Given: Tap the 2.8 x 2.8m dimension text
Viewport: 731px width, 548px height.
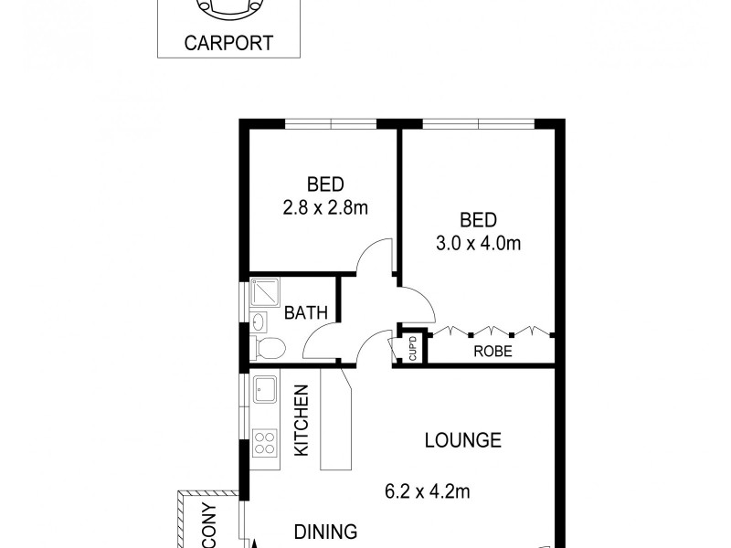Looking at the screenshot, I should tap(324, 207).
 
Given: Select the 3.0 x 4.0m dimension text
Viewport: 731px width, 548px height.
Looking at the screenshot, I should tap(478, 244).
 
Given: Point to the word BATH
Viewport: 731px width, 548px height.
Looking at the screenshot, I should tap(305, 313).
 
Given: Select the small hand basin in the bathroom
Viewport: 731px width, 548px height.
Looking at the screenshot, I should tap(259, 321).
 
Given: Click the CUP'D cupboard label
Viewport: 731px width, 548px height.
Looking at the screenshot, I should tap(412, 347).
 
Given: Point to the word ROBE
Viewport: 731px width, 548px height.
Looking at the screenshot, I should tap(492, 351).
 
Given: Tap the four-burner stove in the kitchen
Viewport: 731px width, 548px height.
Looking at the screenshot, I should tap(265, 443).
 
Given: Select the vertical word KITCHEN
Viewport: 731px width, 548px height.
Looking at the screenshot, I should tap(302, 420).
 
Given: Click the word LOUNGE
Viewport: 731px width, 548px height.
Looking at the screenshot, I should tap(463, 440).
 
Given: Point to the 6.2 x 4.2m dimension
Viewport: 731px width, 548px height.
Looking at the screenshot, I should tap(428, 492).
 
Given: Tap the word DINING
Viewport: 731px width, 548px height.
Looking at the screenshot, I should tap(324, 532).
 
